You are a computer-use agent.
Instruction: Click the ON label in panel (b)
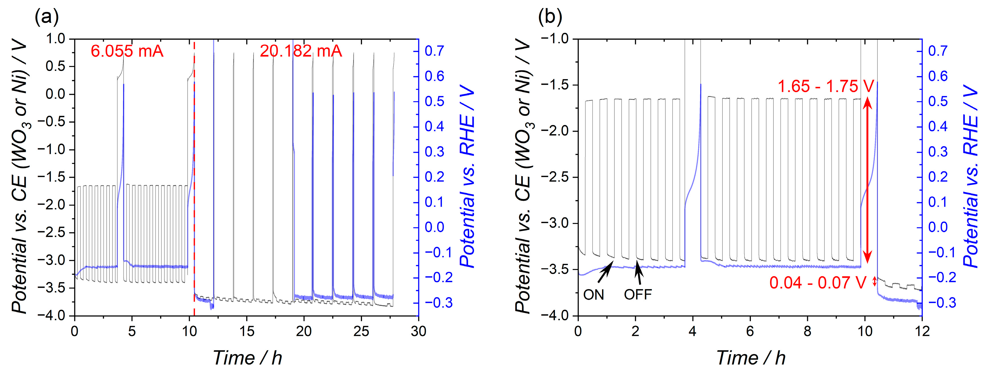[594, 295]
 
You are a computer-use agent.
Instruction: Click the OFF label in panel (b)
[638, 295]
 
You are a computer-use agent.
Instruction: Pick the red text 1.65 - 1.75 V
[825, 86]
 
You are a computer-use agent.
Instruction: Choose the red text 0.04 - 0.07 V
[818, 283]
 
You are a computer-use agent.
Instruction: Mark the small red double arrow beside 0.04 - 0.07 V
[875, 282]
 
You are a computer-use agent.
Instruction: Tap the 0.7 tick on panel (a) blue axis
[434, 51]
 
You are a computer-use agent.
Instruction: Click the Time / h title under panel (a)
[247, 358]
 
